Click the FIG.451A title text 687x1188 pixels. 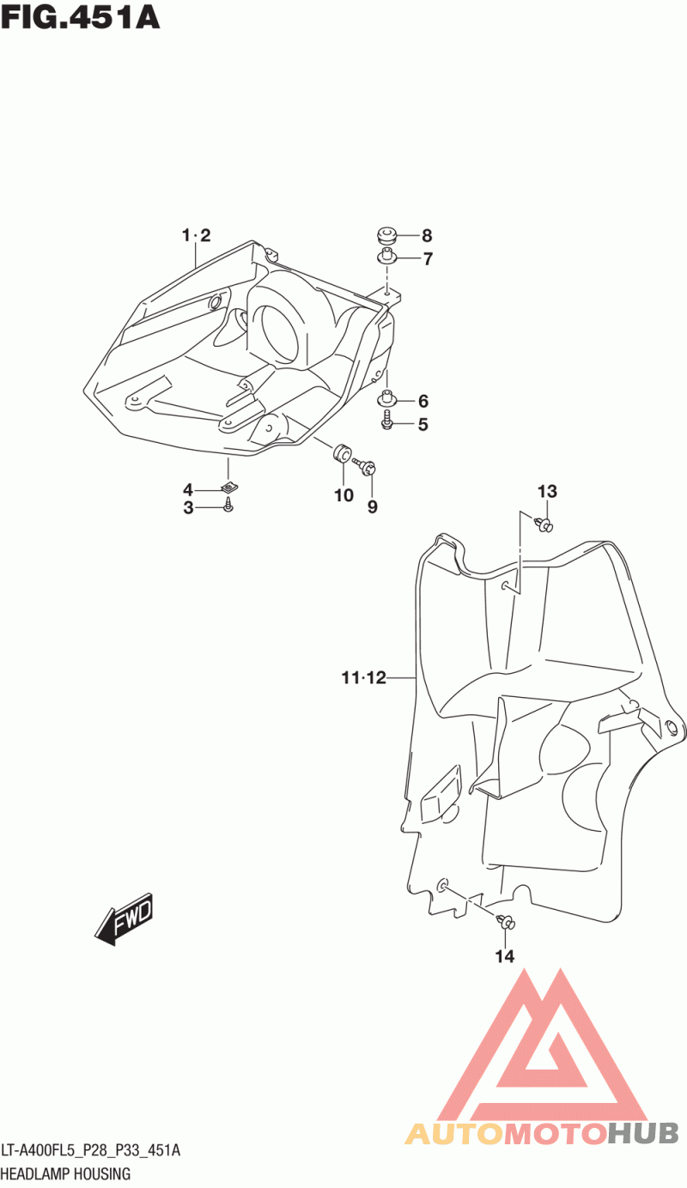click(x=80, y=18)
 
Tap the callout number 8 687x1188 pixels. click(x=427, y=235)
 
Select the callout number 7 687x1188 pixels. click(x=428, y=259)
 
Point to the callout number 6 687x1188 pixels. click(x=423, y=401)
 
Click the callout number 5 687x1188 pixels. click(x=423, y=424)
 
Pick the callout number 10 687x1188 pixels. click(x=343, y=495)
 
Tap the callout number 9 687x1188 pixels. click(x=373, y=507)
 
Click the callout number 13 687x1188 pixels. click(x=548, y=492)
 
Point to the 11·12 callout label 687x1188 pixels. click(x=364, y=678)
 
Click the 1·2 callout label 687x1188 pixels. click(x=197, y=235)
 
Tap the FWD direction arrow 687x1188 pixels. click(x=123, y=919)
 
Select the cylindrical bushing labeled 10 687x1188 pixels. click(x=341, y=453)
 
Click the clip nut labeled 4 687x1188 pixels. click(x=229, y=486)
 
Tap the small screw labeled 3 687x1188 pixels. click(x=228, y=504)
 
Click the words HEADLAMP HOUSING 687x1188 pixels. click(x=66, y=1174)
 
